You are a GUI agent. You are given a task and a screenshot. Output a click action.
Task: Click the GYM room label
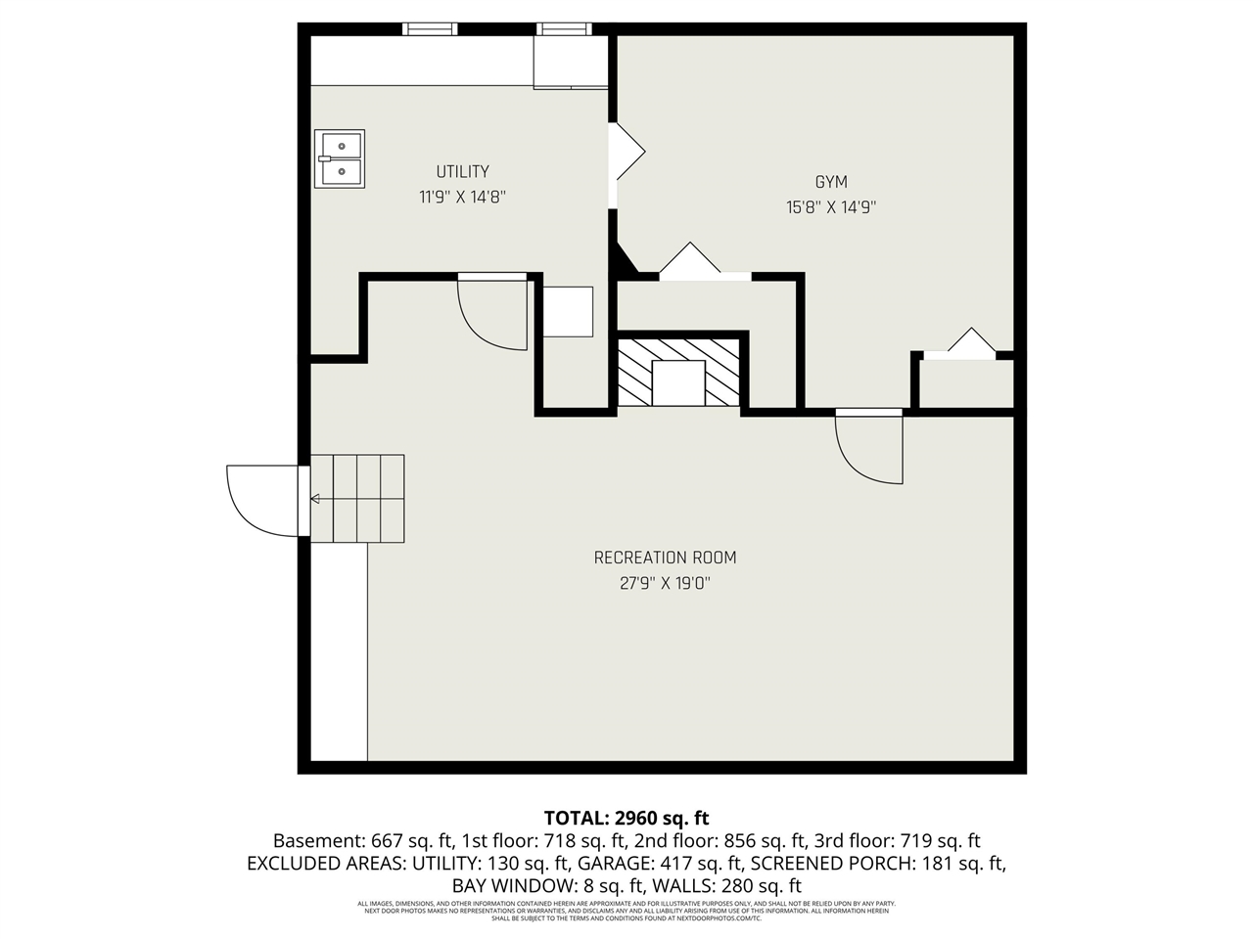click(830, 182)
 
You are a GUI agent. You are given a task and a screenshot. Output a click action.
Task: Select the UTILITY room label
click(462, 172)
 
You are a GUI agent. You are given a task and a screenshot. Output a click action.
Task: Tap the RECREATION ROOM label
click(665, 558)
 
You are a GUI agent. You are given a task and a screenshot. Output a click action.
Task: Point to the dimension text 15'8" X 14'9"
click(830, 207)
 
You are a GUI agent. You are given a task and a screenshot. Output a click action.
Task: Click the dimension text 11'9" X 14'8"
click(462, 198)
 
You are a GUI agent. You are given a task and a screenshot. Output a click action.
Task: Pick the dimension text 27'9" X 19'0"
click(665, 583)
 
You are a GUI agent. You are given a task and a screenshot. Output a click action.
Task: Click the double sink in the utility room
click(340, 158)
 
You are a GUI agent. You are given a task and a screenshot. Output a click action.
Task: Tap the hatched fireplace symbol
click(678, 372)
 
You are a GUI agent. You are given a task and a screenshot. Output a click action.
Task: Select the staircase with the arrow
click(357, 499)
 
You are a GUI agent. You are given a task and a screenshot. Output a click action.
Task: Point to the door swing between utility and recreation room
click(493, 311)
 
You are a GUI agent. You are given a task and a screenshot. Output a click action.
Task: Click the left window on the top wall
click(430, 29)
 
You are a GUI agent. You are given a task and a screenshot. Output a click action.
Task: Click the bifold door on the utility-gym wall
click(626, 153)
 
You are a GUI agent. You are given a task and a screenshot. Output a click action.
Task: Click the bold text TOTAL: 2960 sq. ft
click(626, 818)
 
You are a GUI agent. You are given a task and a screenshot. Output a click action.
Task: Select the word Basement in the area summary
click(318, 841)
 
